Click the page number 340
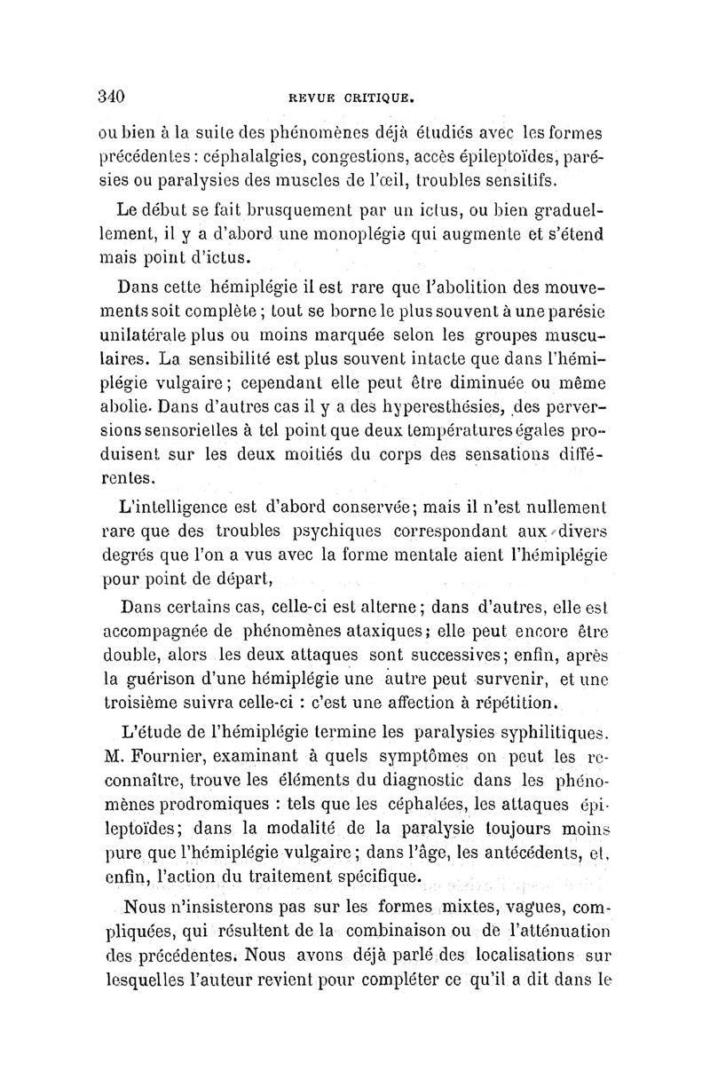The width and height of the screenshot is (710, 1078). [x=113, y=97]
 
